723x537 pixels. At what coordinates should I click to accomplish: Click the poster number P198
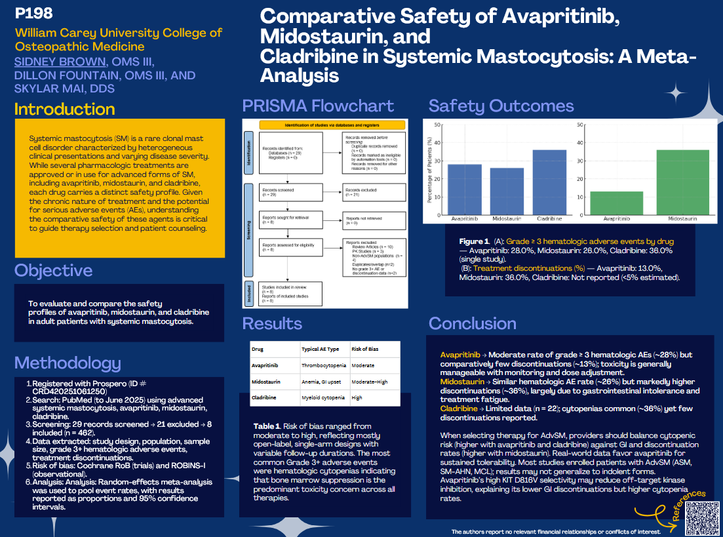point(33,12)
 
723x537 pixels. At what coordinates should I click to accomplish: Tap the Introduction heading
point(64,109)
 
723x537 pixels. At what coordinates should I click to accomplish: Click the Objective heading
point(53,270)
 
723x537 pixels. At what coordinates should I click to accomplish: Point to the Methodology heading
point(68,363)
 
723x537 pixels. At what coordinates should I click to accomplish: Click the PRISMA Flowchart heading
point(318,106)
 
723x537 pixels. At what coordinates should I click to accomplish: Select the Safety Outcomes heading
point(501,106)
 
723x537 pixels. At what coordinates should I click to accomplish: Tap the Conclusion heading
point(472,323)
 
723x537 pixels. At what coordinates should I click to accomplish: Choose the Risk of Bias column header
point(365,349)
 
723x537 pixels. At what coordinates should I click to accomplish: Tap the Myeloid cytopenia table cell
point(322,397)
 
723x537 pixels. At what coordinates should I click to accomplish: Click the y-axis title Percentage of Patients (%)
point(429,170)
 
